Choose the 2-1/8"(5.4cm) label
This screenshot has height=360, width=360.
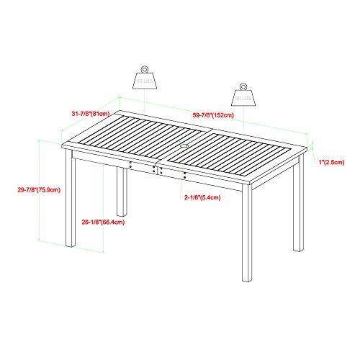tap(201, 197)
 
